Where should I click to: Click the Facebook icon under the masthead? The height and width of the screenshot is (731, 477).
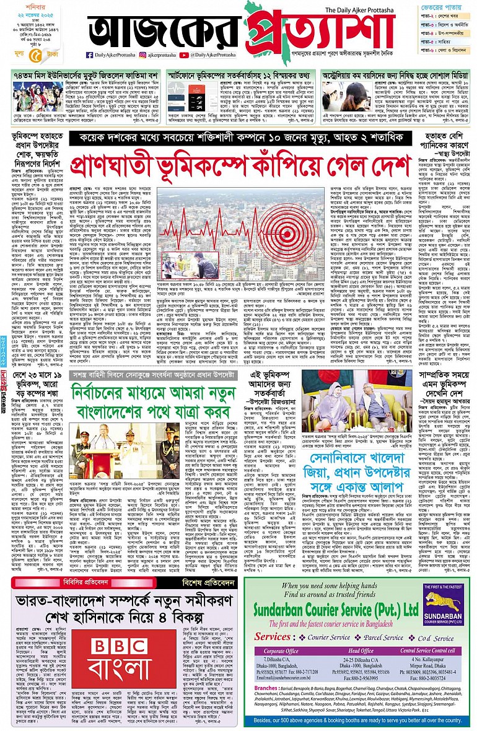[90, 55]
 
